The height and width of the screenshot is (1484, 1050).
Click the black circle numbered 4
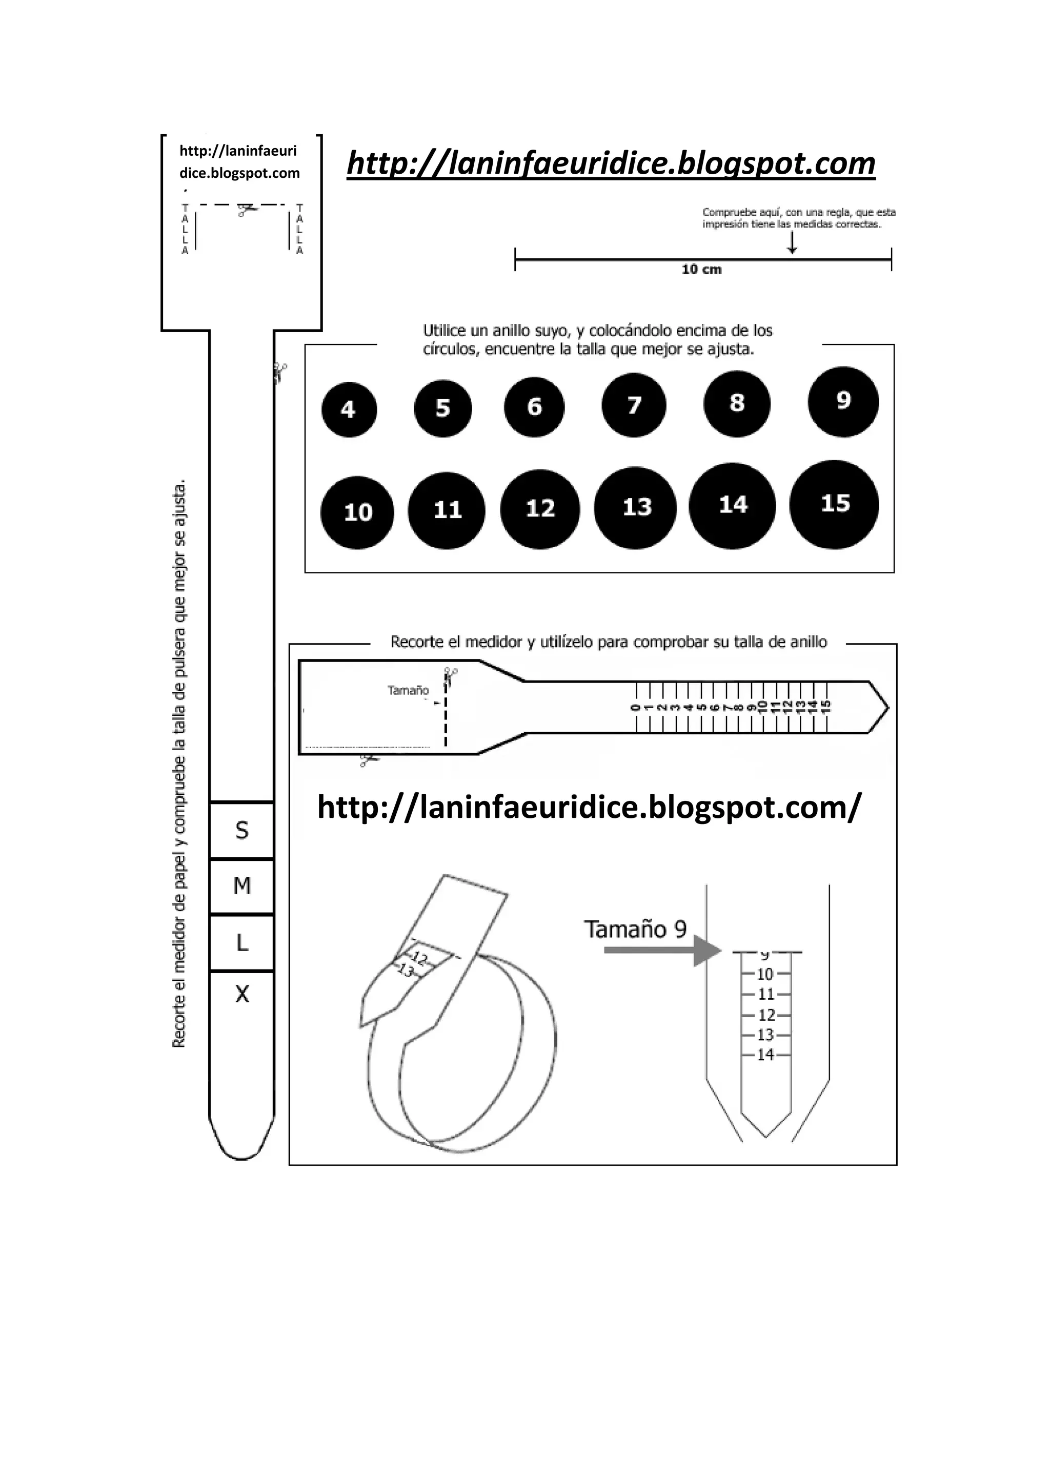349,409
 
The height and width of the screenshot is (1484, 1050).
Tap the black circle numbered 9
843,401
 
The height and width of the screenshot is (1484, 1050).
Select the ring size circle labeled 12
540,509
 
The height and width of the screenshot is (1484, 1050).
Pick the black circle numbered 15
834,504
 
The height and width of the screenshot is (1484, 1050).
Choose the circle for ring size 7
634,405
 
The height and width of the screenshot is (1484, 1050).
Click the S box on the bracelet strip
242,831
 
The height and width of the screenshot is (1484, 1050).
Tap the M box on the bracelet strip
242,886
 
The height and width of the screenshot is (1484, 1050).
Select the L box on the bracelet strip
242,943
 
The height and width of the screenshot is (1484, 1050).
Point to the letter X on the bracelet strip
242,994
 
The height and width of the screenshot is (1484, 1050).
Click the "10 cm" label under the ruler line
701,270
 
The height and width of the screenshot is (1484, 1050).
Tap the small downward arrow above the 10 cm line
792,244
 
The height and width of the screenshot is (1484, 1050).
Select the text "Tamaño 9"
635,930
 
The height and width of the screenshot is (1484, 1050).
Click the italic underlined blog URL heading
611,163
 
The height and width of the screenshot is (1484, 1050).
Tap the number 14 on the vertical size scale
765,1055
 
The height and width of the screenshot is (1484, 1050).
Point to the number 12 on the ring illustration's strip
419,959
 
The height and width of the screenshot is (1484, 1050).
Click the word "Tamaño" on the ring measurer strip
408,690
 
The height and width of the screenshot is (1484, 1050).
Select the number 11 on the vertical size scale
765,994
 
